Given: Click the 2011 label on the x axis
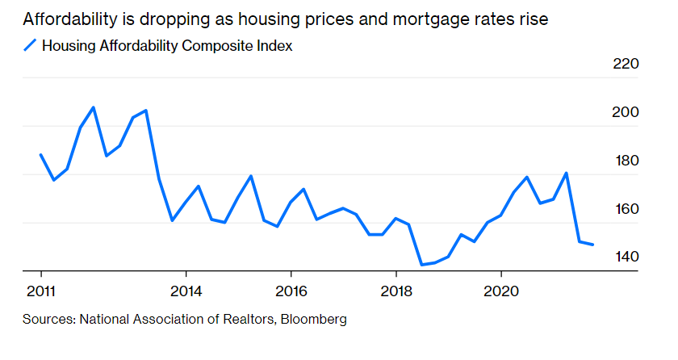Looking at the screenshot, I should coord(40,291).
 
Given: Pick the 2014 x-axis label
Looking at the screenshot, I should coord(186,291).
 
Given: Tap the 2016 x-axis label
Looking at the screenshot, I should coord(291,291).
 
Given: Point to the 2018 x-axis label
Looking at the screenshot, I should coord(396,291).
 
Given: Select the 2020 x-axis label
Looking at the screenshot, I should coord(501,291).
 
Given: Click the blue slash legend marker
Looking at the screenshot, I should coord(30,46).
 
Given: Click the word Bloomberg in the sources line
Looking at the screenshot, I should coord(316,320).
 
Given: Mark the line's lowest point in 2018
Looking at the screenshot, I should coord(421,264).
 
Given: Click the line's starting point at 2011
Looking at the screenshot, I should coord(40,154).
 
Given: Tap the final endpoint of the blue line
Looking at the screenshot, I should coord(593,245).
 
